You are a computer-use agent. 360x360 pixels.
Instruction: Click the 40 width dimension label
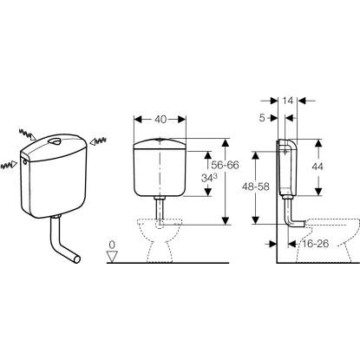coord(160,120)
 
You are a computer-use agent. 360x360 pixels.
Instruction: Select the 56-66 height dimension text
coord(225,165)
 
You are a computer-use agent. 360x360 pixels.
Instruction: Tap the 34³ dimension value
coord(209,178)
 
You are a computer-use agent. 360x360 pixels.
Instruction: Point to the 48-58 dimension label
coord(255,187)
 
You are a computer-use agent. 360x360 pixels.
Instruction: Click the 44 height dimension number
coord(317,167)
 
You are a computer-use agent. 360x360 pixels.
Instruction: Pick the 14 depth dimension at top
coord(288,101)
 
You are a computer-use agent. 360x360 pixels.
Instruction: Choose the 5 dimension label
coord(262,118)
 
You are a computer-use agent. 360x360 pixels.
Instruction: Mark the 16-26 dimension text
coord(316,244)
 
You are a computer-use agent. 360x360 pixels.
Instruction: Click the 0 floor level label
coord(112,245)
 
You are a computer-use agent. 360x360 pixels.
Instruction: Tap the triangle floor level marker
coord(112,256)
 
